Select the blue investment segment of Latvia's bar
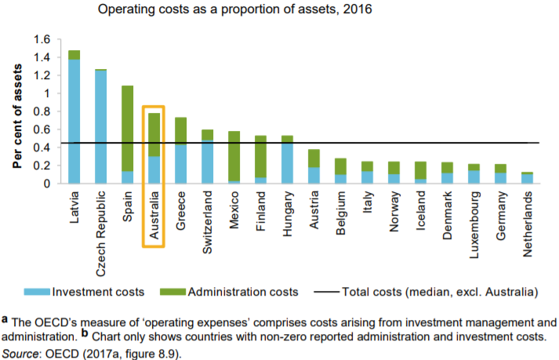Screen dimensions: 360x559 click(74, 122)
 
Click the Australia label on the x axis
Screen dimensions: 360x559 click(154, 219)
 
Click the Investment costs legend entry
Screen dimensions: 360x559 click(88, 292)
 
